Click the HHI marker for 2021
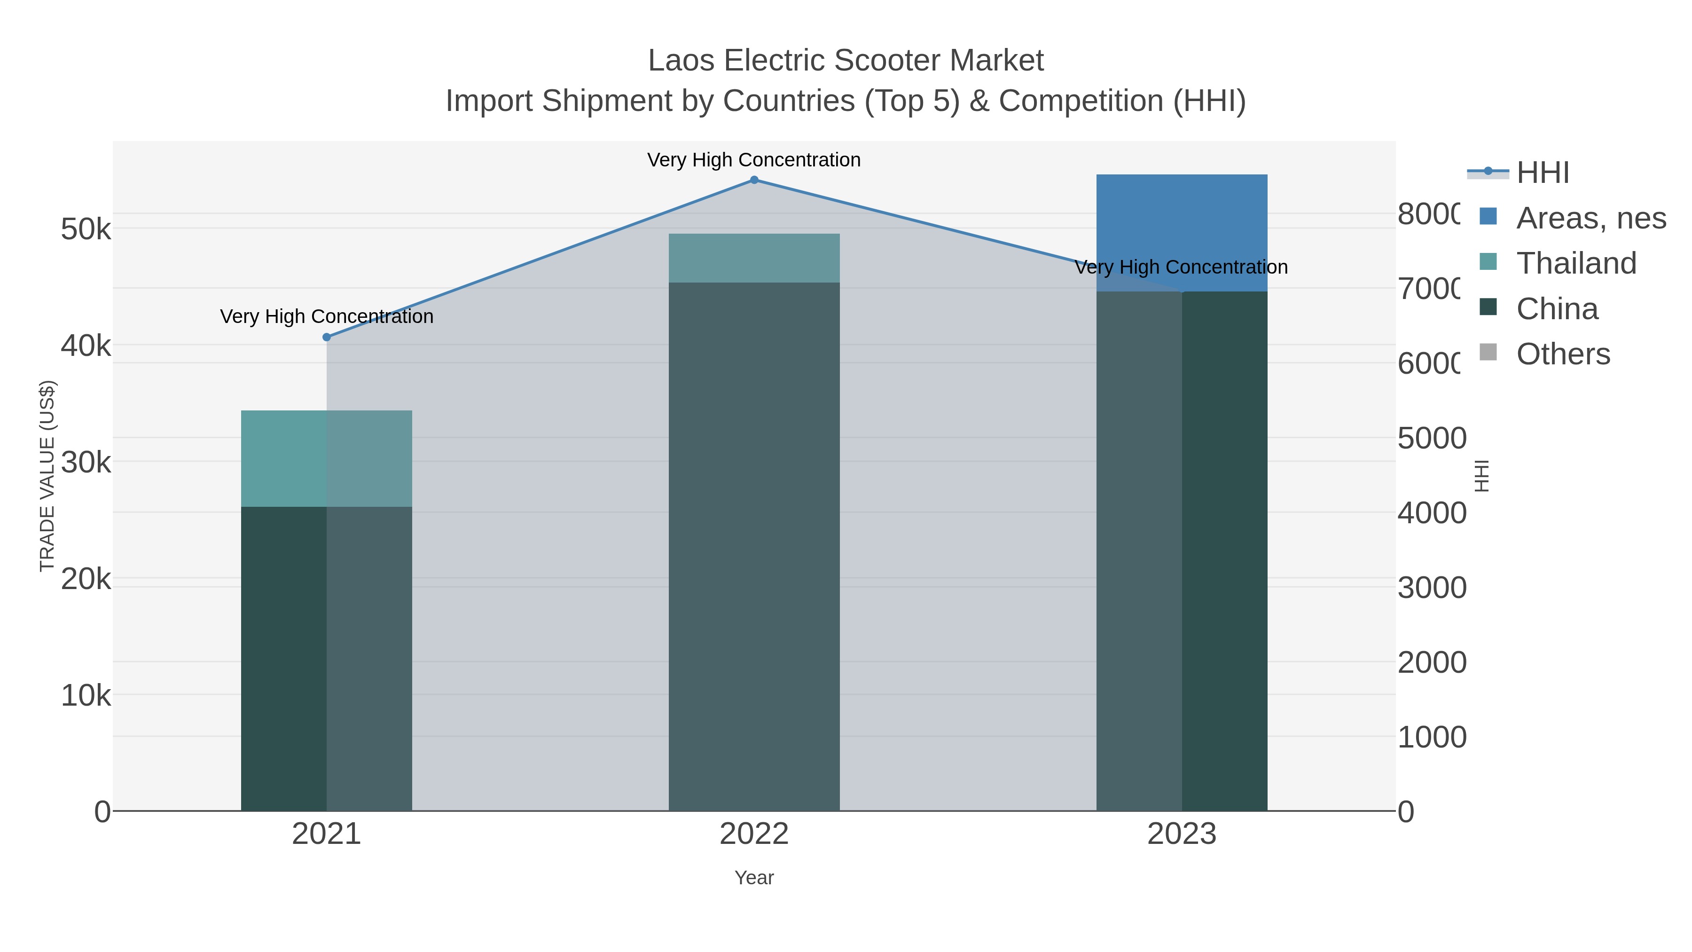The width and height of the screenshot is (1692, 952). (327, 337)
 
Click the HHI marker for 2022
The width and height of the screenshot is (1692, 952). (754, 180)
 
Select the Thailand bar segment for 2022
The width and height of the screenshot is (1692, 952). (754, 258)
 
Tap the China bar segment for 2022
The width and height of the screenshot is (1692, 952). (754, 545)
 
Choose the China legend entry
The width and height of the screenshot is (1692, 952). (1556, 309)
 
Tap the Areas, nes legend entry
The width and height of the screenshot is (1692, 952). (1590, 218)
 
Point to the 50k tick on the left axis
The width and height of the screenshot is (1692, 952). (86, 229)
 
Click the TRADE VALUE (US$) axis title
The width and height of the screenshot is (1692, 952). (47, 476)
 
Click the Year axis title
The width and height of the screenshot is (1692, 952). (754, 878)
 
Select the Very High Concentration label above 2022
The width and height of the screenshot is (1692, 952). (753, 160)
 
